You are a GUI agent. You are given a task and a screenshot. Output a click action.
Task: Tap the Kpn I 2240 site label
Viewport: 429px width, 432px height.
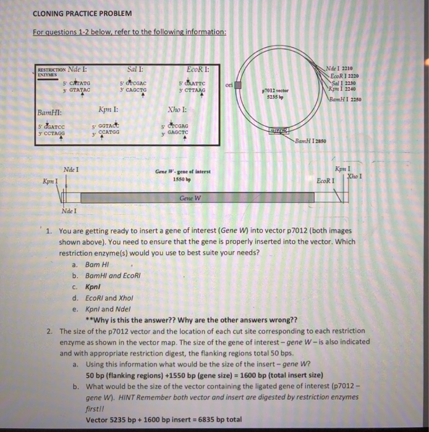pyautogui.click(x=349, y=88)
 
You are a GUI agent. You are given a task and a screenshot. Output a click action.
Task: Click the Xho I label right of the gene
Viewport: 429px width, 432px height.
pyautogui.click(x=354, y=177)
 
